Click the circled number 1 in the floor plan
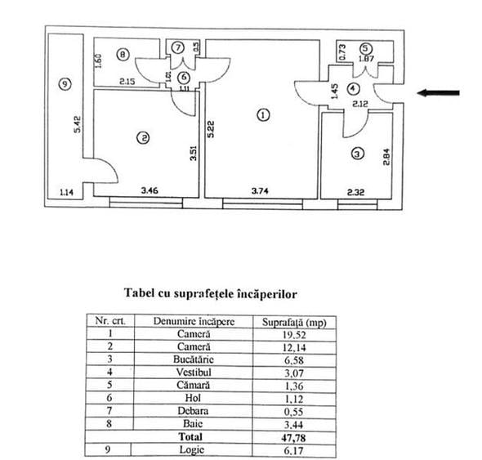pyautogui.click(x=262, y=115)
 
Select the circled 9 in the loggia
pyautogui.click(x=65, y=83)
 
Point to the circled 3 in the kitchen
pyautogui.click(x=357, y=153)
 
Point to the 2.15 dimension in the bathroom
pyautogui.click(x=126, y=82)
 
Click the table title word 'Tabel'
pyautogui.click(x=141, y=292)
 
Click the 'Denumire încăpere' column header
pyautogui.click(x=194, y=321)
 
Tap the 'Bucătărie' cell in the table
pyautogui.click(x=194, y=356)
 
